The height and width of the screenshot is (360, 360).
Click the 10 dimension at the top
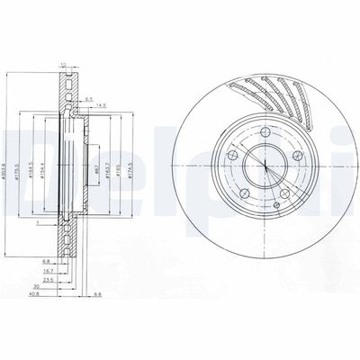point(63,64)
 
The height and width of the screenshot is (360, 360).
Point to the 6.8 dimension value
point(45,261)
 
